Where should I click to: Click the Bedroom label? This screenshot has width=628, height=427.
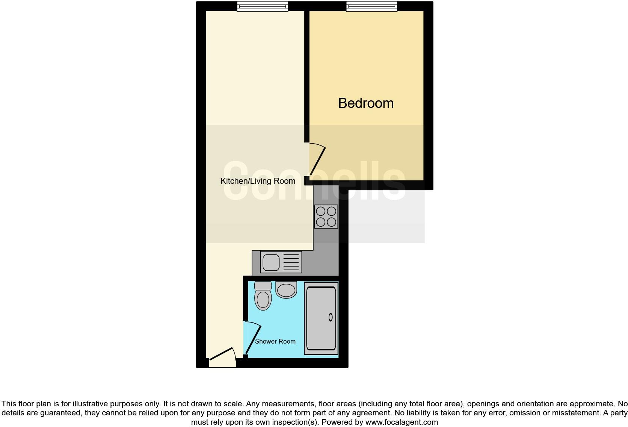tap(366, 103)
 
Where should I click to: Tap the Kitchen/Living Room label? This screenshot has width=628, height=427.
tap(258, 181)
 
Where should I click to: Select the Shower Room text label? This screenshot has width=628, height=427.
tap(275, 341)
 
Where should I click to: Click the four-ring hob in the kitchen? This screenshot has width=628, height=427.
tap(326, 217)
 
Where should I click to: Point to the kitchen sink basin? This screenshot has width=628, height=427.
tap(271, 262)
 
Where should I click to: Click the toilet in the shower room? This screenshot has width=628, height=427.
tap(263, 299)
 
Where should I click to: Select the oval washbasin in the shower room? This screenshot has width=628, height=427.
tap(286, 290)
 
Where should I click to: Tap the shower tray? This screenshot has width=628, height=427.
tap(321, 319)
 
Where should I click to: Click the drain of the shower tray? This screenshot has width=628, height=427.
tap(331, 317)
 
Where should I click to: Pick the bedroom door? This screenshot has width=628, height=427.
tap(317, 161)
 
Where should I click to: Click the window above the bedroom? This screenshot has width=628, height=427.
tap(371, 6)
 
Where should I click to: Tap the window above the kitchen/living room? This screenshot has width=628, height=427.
tap(262, 6)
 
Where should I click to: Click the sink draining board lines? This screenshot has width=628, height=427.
tap(291, 262)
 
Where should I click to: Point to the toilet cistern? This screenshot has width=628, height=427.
tap(263, 285)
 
